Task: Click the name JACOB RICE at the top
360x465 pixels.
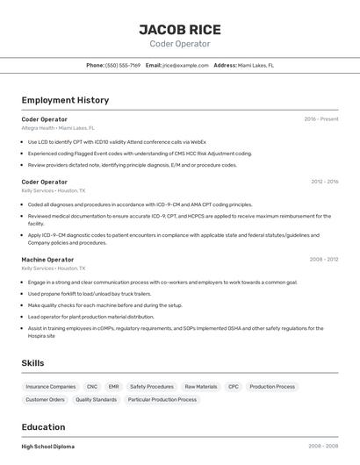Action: [x=180, y=29]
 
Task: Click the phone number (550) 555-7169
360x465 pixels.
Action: [x=123, y=65]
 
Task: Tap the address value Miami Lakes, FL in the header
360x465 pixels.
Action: [x=256, y=65]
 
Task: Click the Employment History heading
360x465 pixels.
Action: [x=65, y=100]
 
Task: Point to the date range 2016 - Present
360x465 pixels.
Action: [x=321, y=119]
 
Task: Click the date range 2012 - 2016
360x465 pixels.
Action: [x=325, y=182]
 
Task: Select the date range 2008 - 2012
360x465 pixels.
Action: [x=325, y=260]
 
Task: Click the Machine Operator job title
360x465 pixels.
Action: [x=47, y=260]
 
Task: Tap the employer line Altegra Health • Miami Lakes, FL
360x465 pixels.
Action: [x=58, y=128]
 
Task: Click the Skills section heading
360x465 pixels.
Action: [x=32, y=363]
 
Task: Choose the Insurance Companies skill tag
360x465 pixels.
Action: [x=51, y=386]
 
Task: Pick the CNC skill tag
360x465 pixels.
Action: [x=92, y=386]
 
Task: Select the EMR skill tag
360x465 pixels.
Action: [x=114, y=386]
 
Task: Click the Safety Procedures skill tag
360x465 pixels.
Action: [x=152, y=386]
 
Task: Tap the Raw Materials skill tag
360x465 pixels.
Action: [x=200, y=386]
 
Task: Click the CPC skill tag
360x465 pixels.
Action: [x=234, y=386]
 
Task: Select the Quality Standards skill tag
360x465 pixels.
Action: [x=96, y=399]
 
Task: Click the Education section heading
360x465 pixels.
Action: [x=44, y=427]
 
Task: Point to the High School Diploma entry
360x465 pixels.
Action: [x=48, y=447]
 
